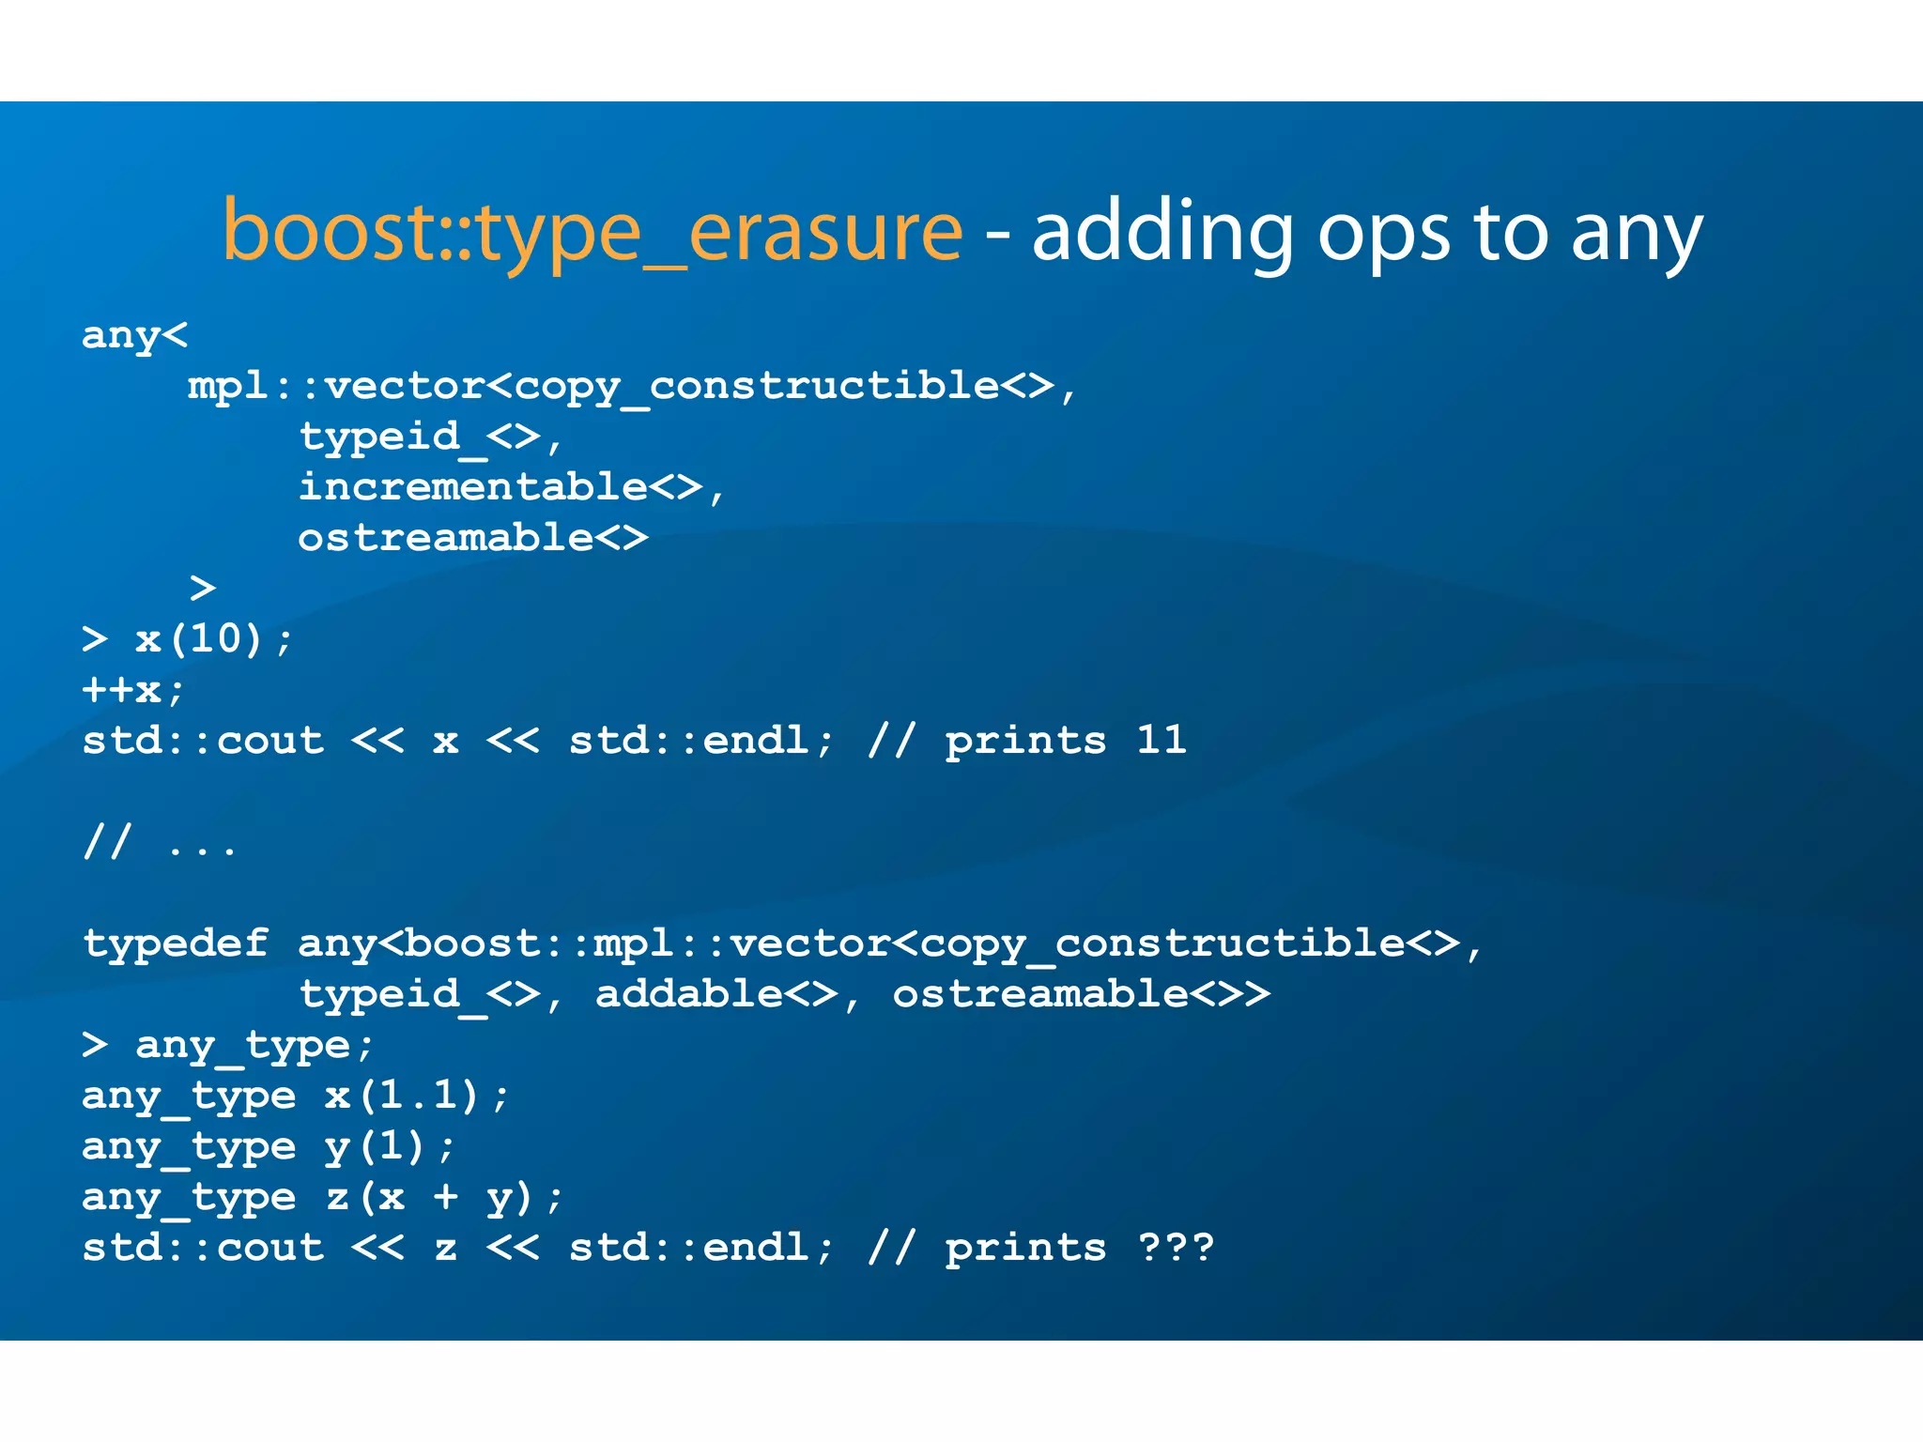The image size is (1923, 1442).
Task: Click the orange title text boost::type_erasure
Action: point(592,232)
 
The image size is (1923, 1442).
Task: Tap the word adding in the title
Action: point(1162,232)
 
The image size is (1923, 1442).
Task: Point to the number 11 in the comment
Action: point(1161,741)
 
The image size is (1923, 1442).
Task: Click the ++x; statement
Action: point(133,690)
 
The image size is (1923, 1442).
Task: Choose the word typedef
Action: point(176,943)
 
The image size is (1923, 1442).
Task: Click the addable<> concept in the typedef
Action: point(716,994)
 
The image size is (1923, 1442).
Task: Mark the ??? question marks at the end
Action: point(1176,1248)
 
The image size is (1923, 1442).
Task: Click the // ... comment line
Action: point(160,842)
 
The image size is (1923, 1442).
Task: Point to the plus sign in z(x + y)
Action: point(446,1197)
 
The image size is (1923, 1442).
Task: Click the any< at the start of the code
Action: point(135,335)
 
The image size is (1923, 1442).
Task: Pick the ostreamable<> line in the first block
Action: point(473,538)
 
